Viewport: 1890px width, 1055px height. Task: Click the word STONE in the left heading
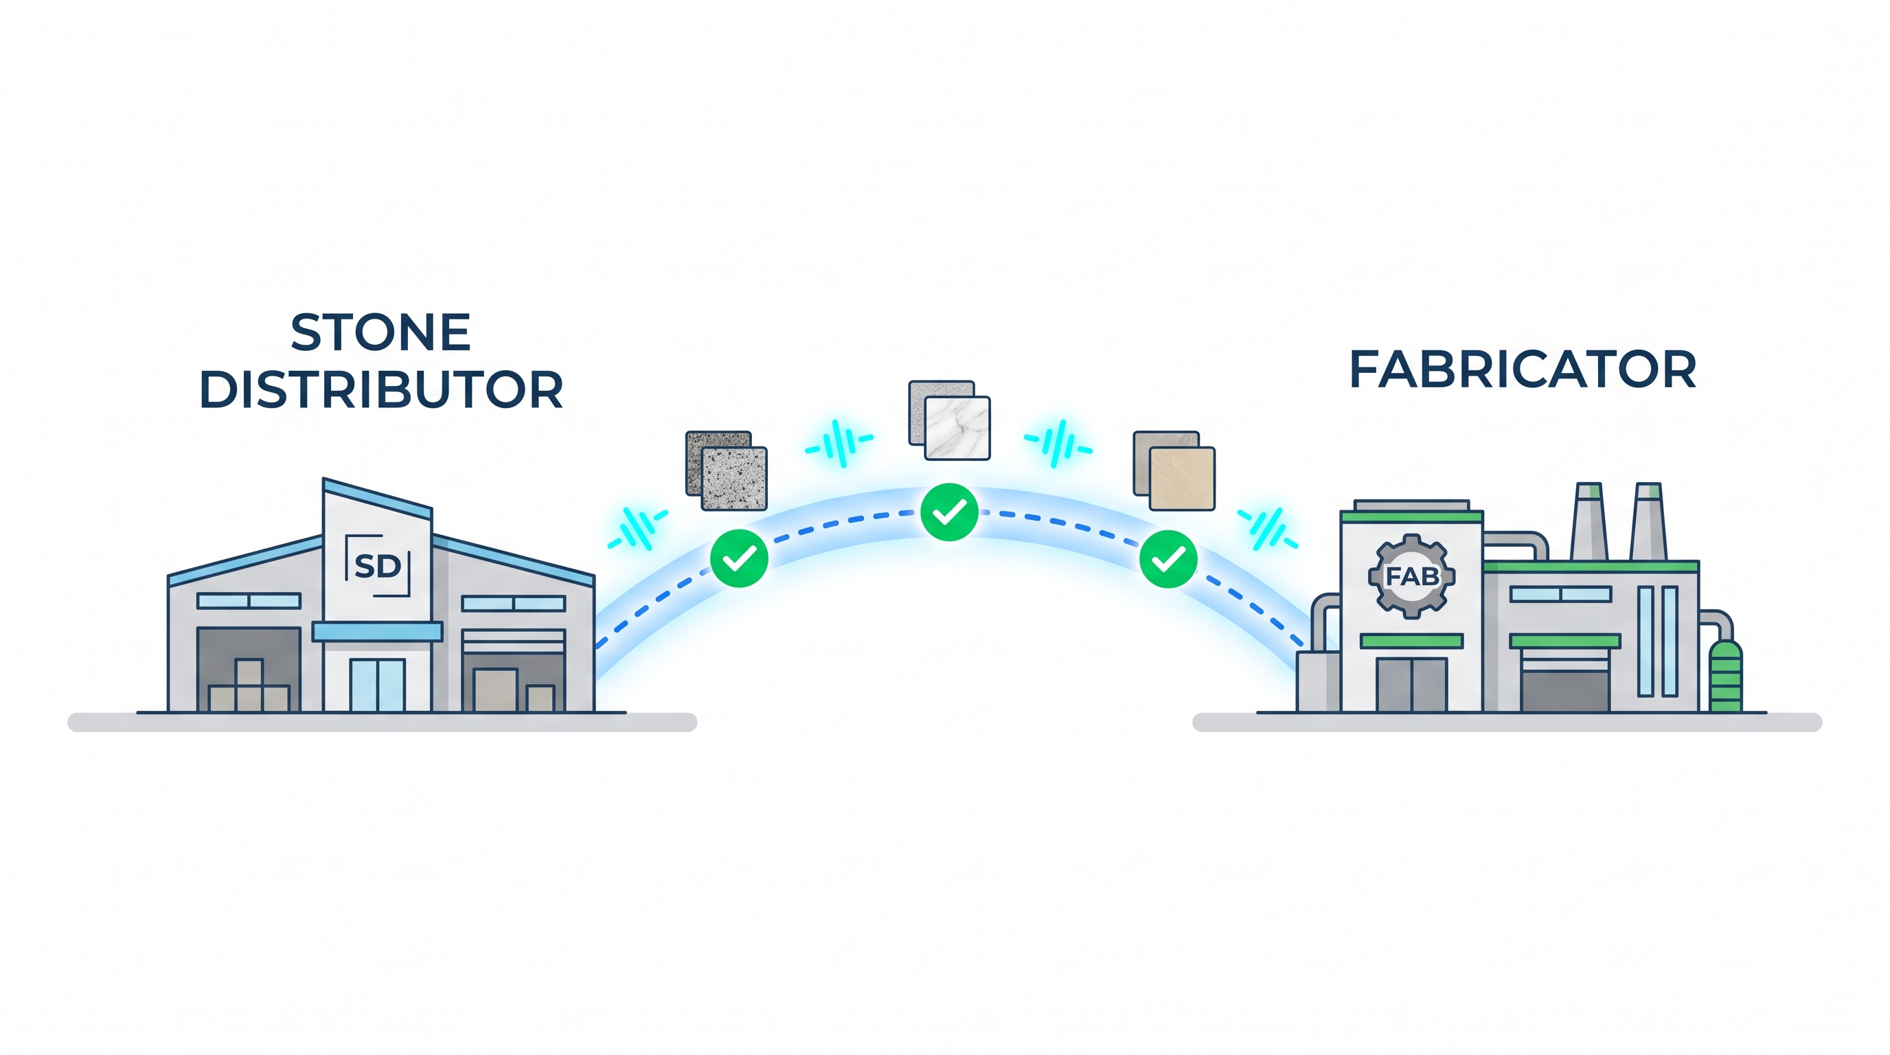380,332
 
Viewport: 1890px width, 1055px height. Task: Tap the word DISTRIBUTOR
380,389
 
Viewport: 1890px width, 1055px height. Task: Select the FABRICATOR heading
1523,369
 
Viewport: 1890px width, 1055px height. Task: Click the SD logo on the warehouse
377,566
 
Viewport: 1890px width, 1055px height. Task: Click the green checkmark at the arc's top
948,512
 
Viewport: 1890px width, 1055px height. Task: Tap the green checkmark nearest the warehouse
739,558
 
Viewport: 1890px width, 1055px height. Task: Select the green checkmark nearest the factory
1168,559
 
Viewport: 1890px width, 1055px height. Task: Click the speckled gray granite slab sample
727,471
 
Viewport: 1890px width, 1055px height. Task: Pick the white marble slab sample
949,420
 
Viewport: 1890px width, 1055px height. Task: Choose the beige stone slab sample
1174,471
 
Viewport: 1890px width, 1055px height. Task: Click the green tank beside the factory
1726,676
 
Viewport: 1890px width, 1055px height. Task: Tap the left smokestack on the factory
1589,521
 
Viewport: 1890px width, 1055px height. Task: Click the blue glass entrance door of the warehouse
377,685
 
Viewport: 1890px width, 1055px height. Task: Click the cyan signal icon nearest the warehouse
637,528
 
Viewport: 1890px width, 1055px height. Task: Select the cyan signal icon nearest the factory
1267,528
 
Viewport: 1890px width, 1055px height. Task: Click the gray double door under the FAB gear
1411,685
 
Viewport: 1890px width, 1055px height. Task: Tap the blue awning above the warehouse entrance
377,632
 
